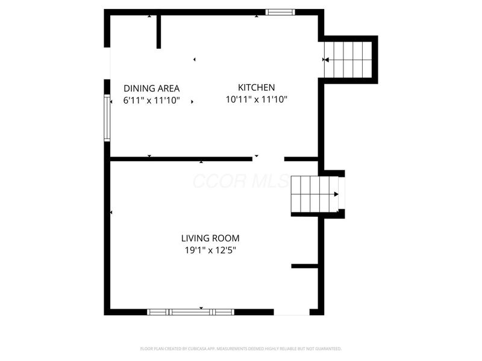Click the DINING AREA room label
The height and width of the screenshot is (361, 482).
click(151, 88)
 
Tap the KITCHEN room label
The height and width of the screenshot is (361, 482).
click(256, 87)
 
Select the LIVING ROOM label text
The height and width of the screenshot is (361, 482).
click(210, 238)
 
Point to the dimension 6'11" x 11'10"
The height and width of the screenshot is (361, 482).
click(151, 100)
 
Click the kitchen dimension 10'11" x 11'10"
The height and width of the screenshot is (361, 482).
click(256, 100)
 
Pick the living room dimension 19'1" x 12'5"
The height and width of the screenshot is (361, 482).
click(210, 250)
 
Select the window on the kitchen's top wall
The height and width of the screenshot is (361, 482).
click(281, 11)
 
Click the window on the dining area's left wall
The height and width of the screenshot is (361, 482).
click(107, 118)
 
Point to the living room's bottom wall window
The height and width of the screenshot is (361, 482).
click(190, 312)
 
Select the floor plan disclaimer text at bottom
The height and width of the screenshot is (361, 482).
click(241, 348)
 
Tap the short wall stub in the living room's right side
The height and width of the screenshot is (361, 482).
click(304, 265)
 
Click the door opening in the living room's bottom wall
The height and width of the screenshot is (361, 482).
click(292, 312)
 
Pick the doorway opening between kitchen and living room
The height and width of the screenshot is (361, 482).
click(268, 159)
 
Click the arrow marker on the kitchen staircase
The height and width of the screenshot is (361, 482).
click(326, 60)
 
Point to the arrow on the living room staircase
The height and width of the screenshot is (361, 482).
click(336, 194)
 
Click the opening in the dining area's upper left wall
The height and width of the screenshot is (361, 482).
click(108, 63)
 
